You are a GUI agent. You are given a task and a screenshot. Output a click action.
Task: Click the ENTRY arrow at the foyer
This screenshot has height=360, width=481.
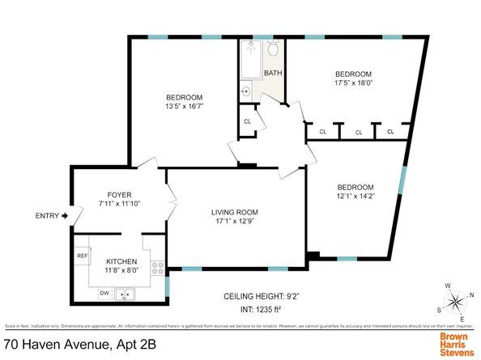66,216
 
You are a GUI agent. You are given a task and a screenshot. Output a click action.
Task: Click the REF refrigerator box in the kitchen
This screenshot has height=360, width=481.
83,256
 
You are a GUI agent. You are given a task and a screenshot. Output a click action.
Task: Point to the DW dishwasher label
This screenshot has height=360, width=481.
104,292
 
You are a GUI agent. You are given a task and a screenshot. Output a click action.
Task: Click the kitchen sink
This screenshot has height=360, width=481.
126,294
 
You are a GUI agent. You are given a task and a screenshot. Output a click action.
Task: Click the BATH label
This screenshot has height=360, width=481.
273,74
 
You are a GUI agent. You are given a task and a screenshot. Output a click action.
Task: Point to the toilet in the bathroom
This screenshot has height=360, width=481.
273,50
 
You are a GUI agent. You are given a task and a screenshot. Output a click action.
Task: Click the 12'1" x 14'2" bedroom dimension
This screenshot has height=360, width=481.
356,194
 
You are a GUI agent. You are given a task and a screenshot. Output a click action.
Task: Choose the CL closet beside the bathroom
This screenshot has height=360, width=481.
248,122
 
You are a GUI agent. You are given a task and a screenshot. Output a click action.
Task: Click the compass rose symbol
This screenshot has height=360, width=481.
456,303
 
